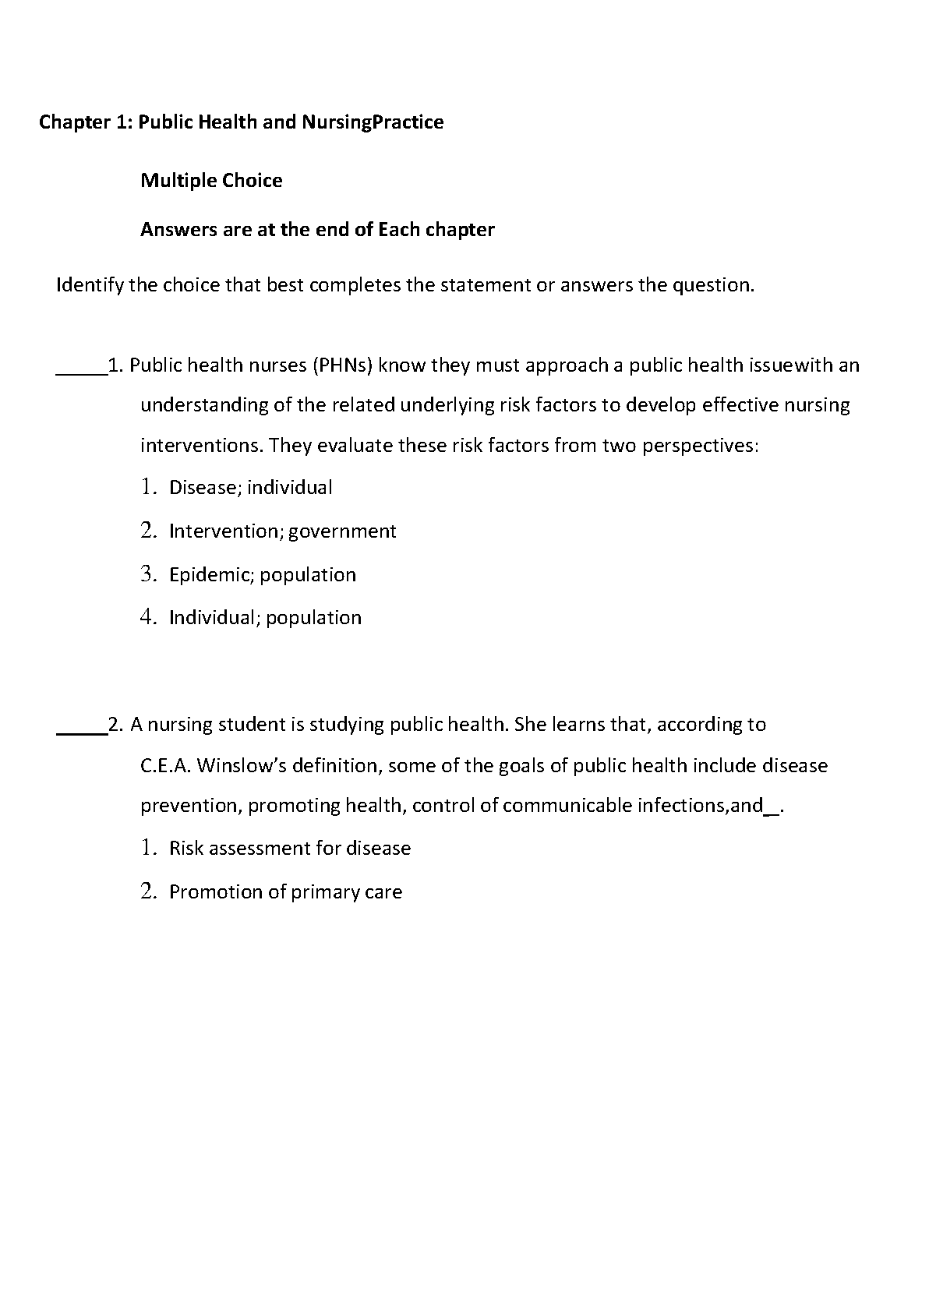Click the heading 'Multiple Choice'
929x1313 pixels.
tap(211, 181)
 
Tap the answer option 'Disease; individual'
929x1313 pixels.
tap(250, 488)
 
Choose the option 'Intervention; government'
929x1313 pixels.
tap(282, 531)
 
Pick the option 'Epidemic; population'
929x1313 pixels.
tap(262, 575)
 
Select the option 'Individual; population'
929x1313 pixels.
tap(265, 618)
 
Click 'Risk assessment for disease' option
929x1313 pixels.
tap(289, 849)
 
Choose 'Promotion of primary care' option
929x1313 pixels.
tap(285, 892)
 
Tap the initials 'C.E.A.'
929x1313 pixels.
tap(165, 766)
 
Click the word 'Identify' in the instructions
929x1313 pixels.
tap(90, 285)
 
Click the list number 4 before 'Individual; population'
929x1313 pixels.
tap(148, 617)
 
